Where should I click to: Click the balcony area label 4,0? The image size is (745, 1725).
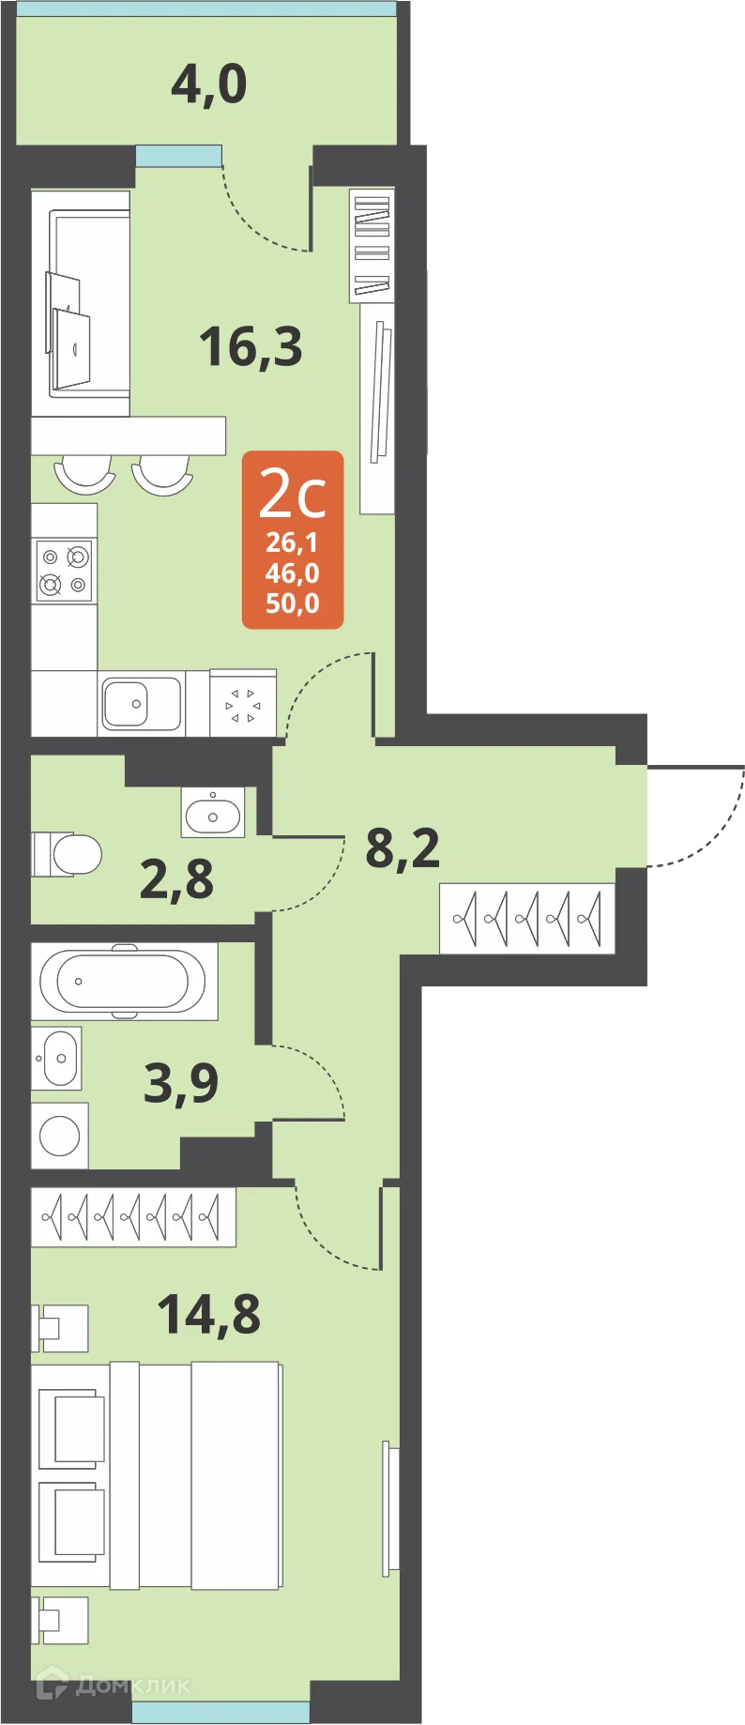click(x=208, y=84)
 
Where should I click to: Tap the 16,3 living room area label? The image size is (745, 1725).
click(x=251, y=346)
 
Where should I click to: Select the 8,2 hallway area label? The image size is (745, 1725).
click(x=403, y=847)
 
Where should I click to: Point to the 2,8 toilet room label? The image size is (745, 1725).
click(x=176, y=880)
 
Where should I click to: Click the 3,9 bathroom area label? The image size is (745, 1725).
click(x=181, y=1083)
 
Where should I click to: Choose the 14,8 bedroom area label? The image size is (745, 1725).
click(x=208, y=1314)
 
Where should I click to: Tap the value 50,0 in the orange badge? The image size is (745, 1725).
click(x=293, y=603)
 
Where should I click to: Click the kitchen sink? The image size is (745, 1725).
click(x=141, y=703)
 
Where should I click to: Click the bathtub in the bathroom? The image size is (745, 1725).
click(x=124, y=981)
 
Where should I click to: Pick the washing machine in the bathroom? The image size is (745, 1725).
click(x=60, y=1137)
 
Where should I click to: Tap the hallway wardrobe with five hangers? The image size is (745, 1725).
click(x=526, y=918)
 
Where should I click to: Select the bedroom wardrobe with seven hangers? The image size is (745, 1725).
click(x=133, y=1217)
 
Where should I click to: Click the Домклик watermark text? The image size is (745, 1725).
click(x=131, y=1686)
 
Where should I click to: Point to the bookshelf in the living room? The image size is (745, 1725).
click(x=372, y=245)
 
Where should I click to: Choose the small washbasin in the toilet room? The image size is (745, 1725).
click(x=213, y=813)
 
